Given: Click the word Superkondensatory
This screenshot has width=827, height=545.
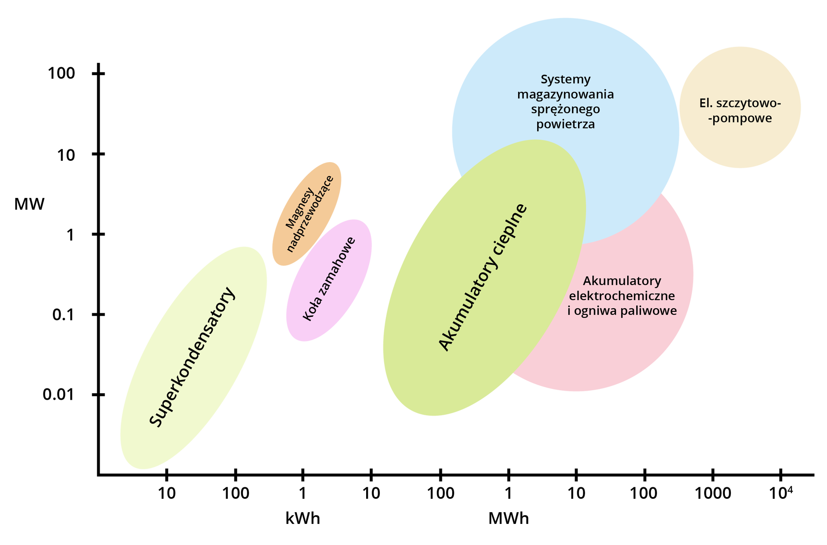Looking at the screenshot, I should click(192, 357).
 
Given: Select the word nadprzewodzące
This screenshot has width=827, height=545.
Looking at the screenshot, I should click(310, 214).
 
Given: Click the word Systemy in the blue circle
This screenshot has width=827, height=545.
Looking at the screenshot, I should click(565, 79).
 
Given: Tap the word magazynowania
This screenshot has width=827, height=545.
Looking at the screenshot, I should click(565, 94).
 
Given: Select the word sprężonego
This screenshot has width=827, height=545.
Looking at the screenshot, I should click(565, 110).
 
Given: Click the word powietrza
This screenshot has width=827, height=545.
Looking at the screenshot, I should click(565, 125).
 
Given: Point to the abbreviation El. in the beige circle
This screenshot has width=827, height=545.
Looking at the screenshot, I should click(706, 103).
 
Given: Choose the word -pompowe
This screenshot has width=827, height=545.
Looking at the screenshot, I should click(740, 118).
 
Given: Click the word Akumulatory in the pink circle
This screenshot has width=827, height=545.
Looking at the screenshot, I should click(622, 281).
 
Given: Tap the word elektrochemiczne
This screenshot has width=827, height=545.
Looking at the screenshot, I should click(622, 296).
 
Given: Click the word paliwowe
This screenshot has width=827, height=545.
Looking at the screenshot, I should click(650, 311).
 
